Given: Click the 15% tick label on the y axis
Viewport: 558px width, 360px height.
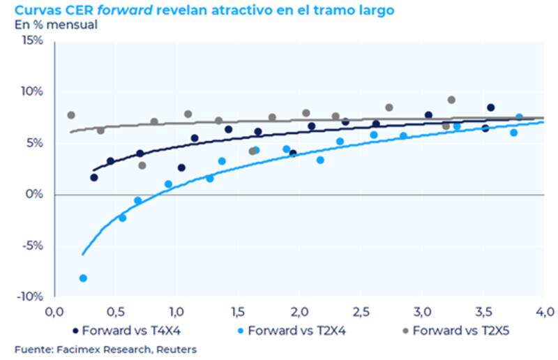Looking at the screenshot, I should [31, 40].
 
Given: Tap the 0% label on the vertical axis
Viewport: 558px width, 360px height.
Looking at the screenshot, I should [35, 194].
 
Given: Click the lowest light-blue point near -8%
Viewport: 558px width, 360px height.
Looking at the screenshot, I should [83, 278].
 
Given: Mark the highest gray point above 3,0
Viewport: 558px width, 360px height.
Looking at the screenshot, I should [451, 100].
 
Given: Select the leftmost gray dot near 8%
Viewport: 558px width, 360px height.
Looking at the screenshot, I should [70, 115].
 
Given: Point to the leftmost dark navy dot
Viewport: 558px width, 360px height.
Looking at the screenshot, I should [94, 177].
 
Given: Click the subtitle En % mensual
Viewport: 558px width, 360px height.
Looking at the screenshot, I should [56, 24].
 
